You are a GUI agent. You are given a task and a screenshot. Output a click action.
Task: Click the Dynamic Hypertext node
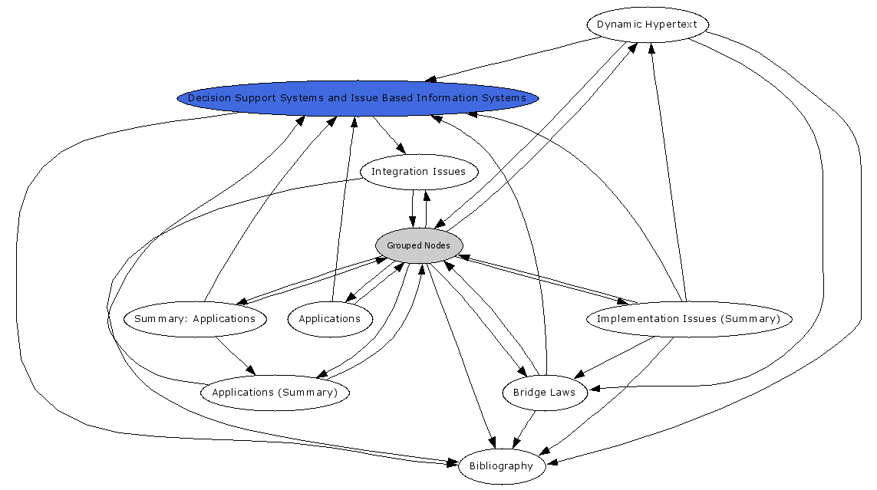click(x=647, y=25)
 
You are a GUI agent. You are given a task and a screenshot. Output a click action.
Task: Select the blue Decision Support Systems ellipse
click(x=358, y=98)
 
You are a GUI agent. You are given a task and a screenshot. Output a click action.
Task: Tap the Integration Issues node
click(x=418, y=172)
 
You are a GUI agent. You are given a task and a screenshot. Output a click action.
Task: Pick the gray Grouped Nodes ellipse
click(x=419, y=245)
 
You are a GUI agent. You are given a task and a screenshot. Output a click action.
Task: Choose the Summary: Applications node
click(x=195, y=319)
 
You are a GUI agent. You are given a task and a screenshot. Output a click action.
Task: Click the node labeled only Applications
click(x=330, y=319)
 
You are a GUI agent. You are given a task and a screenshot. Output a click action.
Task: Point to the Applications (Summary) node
click(x=275, y=393)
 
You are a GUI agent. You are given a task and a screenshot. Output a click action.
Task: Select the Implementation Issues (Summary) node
click(x=688, y=319)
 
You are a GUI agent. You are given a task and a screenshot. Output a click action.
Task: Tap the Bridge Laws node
click(x=545, y=393)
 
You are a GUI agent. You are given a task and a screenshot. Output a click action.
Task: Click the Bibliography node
click(x=502, y=466)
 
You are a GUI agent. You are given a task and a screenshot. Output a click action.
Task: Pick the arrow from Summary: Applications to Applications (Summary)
click(x=235, y=356)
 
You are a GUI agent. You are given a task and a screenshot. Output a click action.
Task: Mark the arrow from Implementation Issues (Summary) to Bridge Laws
click(x=618, y=354)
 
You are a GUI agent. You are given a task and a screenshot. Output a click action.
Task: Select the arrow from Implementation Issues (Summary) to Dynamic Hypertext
click(x=669, y=176)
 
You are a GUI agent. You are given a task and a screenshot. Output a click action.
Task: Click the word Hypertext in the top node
click(x=671, y=25)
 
